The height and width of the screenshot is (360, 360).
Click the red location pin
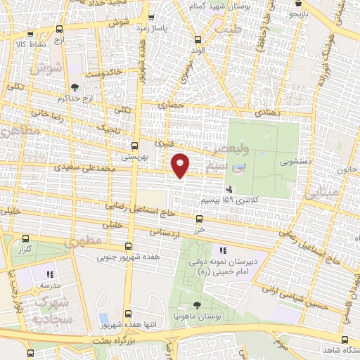[181, 165]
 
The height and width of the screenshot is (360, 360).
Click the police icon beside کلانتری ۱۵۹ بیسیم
[229, 189]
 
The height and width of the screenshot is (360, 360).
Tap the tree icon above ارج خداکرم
[75, 88]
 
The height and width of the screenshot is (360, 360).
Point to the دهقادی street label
[256, 112]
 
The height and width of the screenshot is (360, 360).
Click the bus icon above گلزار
[25, 240]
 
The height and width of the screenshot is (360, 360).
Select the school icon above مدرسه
[49, 275]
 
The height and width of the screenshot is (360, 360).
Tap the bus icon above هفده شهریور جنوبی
[128, 246]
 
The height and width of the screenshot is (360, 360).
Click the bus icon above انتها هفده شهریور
[127, 314]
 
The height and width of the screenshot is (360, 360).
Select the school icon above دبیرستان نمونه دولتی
[222, 250]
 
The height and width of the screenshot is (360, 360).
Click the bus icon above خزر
[201, 219]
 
